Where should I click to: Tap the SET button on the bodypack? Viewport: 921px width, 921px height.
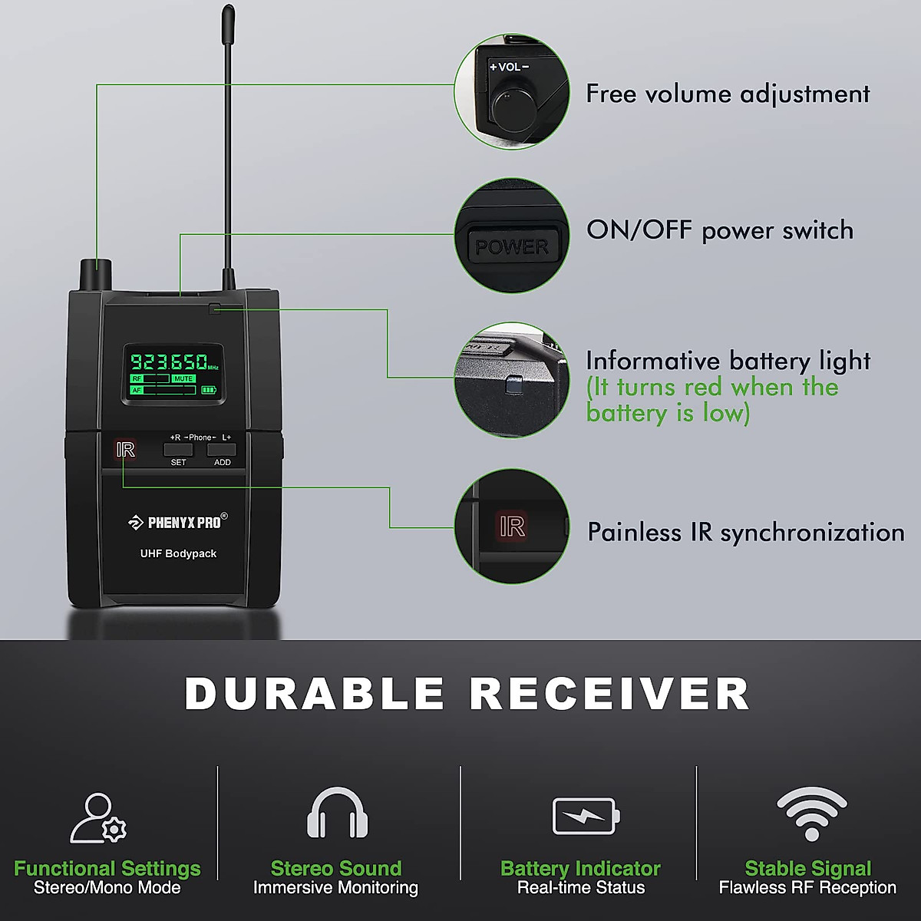(178, 451)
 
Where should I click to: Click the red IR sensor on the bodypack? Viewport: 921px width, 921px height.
(125, 450)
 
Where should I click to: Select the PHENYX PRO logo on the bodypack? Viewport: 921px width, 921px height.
(178, 523)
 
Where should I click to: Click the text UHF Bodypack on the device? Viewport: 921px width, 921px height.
(178, 553)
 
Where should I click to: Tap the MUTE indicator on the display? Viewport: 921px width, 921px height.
(183, 378)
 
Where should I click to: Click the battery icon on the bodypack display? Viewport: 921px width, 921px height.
(209, 390)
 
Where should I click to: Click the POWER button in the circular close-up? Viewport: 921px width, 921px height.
(511, 246)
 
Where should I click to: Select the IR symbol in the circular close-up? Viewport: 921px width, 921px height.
(511, 527)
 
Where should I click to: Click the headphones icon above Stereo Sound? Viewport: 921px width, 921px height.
(337, 814)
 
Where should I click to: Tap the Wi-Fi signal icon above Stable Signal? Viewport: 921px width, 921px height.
(811, 814)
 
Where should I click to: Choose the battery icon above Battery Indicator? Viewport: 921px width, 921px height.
(586, 816)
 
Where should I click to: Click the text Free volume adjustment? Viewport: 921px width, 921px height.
(728, 94)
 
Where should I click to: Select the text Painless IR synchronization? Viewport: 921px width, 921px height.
(745, 533)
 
